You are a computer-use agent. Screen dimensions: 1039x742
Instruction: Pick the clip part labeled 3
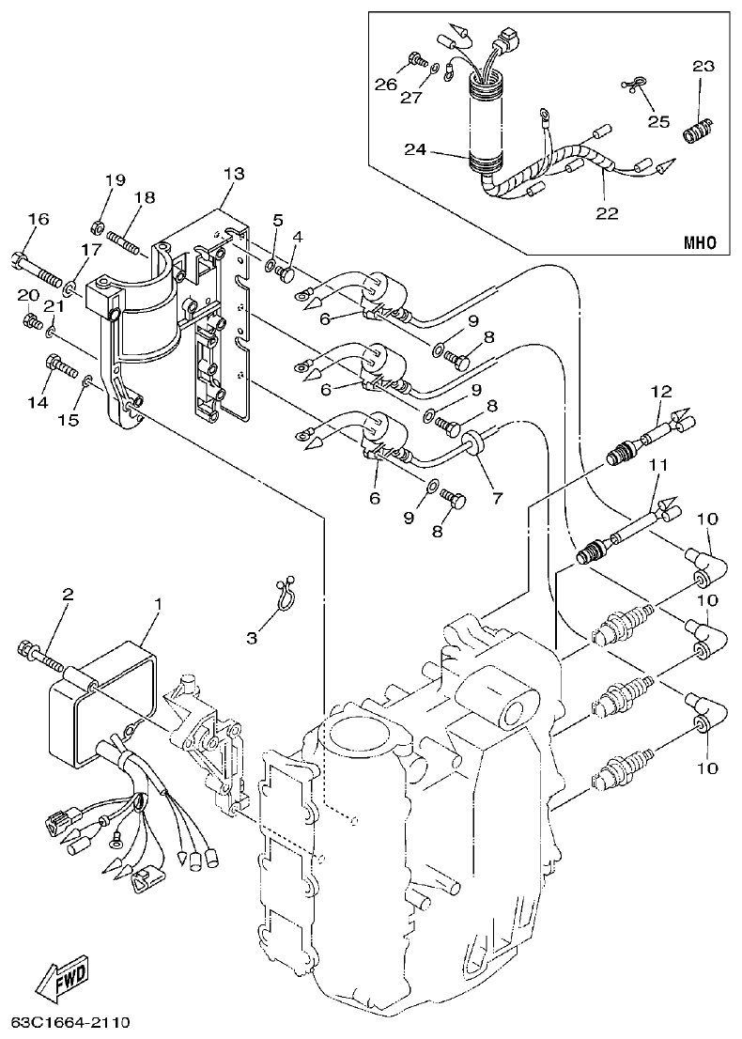tap(286, 593)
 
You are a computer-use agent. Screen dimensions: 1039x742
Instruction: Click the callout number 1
tap(158, 602)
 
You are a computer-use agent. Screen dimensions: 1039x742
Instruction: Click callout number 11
tap(657, 464)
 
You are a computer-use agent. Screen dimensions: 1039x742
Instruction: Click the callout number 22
tap(608, 213)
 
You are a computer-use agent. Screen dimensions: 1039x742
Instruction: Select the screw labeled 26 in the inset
tap(413, 64)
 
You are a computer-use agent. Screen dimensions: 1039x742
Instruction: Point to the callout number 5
tap(278, 220)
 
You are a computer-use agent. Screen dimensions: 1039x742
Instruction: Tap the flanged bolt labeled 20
tap(32, 323)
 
